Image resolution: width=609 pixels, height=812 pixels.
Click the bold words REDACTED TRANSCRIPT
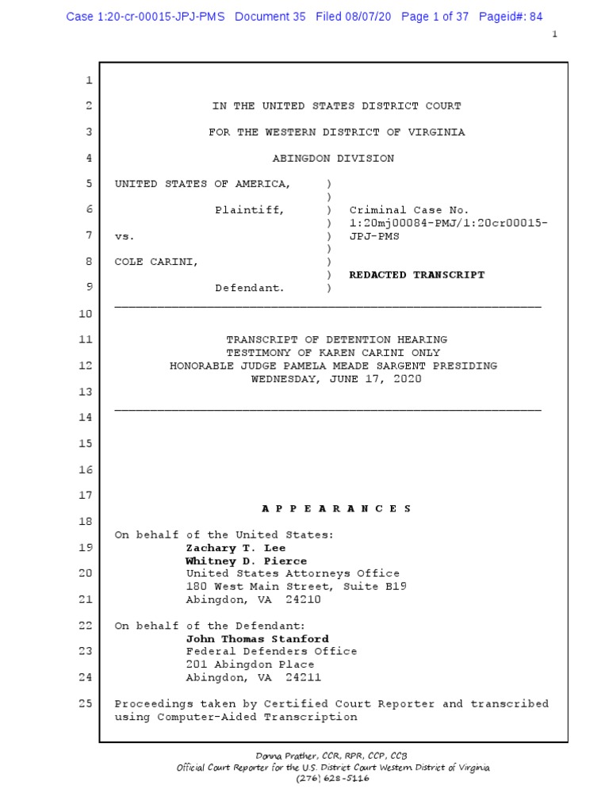417,275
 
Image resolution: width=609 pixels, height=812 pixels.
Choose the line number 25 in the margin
86,703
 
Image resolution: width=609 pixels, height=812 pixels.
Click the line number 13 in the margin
86,392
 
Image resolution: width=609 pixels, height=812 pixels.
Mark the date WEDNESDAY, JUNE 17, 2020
336,379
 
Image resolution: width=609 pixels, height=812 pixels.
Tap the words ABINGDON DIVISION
333,159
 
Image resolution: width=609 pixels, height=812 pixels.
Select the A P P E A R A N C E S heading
336,509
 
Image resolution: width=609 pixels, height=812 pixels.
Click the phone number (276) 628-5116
332,778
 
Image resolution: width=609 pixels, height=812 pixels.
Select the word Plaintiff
251,210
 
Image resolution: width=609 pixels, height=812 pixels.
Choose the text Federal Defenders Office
271,651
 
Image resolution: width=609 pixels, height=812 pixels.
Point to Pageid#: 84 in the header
511,17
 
